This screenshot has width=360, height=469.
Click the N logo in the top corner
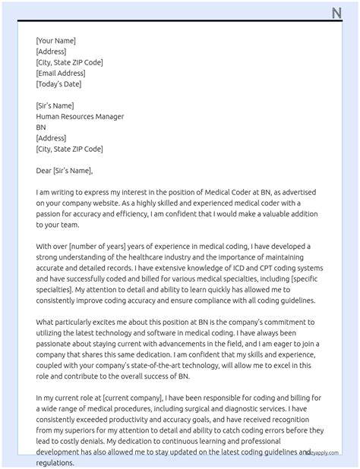[337, 12]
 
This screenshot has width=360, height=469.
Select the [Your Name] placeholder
[55, 41]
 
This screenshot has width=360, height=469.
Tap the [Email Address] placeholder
[61, 74]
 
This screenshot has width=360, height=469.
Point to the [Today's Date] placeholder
[59, 84]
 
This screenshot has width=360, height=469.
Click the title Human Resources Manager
[80, 117]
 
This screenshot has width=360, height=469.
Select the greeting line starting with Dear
[64, 171]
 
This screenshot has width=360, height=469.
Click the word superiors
[88, 430]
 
